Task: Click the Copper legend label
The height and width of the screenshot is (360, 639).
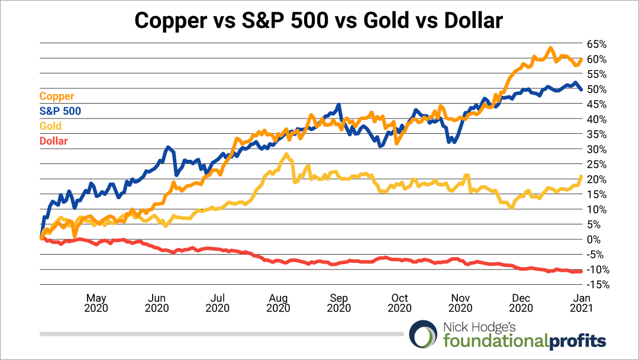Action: (x=57, y=96)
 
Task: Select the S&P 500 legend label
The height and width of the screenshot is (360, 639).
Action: (x=60, y=111)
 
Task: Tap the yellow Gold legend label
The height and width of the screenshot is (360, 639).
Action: (x=50, y=126)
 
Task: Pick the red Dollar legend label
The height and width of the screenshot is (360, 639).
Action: (x=53, y=141)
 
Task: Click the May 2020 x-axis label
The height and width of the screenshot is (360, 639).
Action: (x=96, y=303)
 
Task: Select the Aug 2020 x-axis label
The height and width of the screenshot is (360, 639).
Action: (x=278, y=303)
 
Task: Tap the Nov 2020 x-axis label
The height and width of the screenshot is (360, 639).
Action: (x=460, y=303)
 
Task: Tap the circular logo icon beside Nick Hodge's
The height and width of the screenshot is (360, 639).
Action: (x=424, y=335)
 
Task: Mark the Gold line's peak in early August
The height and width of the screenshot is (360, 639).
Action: (x=287, y=155)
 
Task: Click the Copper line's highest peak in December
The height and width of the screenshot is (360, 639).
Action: (x=550, y=48)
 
